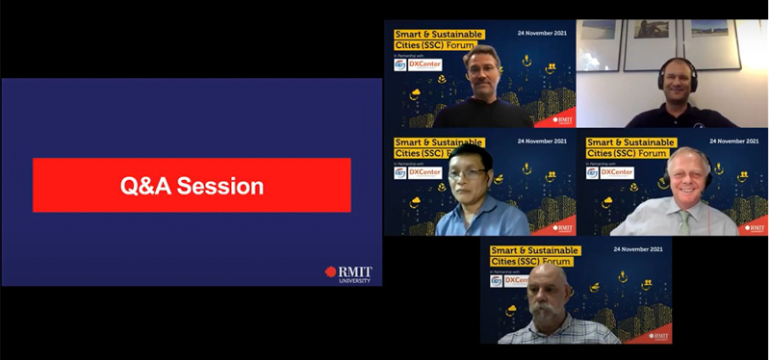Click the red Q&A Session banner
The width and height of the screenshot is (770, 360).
(x=192, y=185)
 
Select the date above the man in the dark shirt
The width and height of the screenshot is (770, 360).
(x=542, y=34)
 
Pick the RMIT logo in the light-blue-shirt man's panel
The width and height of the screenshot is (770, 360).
(x=563, y=228)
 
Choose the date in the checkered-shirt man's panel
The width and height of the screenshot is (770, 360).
(x=638, y=249)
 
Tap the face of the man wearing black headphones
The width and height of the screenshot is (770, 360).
(x=680, y=80)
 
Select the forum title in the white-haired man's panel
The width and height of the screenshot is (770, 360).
(x=627, y=147)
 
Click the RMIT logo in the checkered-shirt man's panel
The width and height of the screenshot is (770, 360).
(x=659, y=336)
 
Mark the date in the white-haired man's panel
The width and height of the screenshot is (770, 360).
(x=734, y=141)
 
